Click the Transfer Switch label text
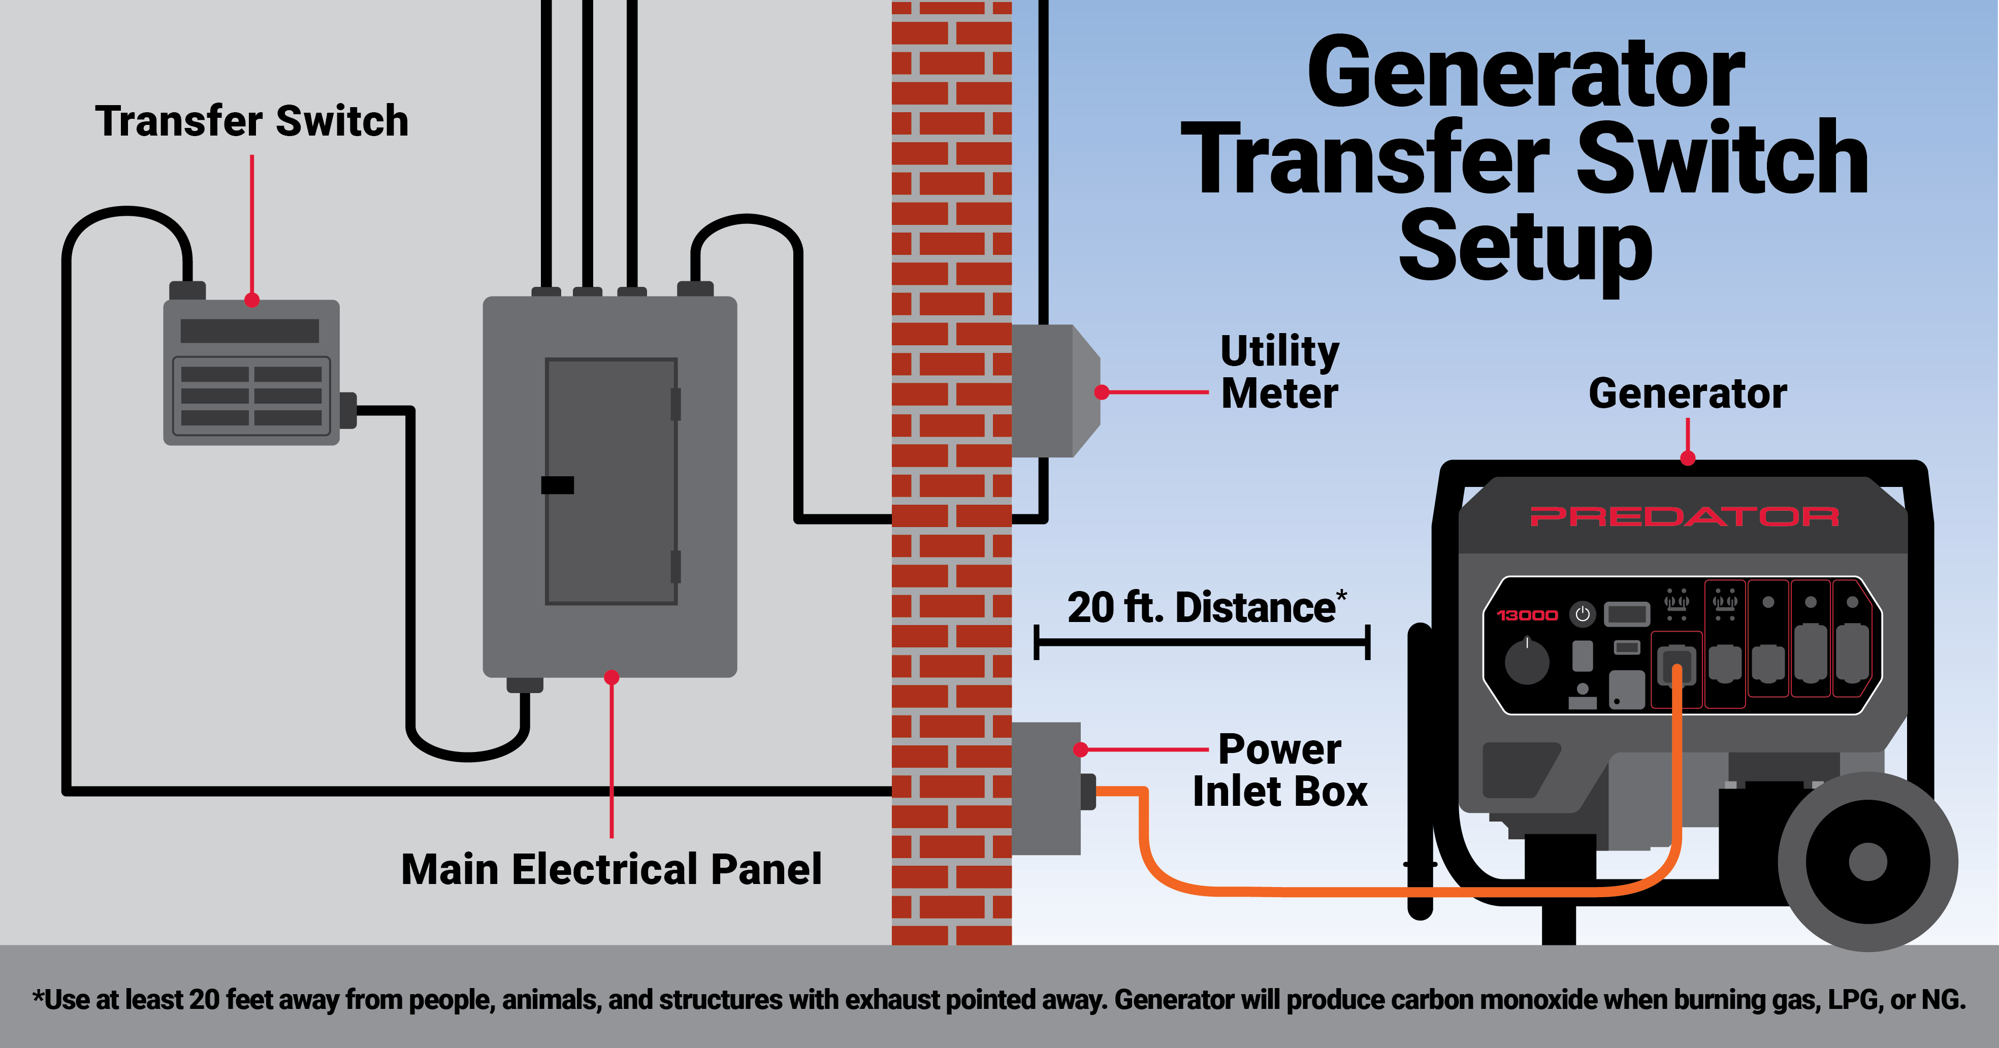tap(251, 122)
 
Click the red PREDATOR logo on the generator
tap(1684, 516)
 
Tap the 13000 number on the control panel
tap(1526, 615)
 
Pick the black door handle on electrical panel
tap(557, 485)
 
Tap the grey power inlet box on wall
tap(1046, 788)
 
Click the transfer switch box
tap(251, 372)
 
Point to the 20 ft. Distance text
tap(1204, 607)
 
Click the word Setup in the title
tap(1525, 248)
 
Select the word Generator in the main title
tap(1525, 74)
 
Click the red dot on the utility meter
tap(1101, 392)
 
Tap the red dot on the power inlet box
tap(1080, 749)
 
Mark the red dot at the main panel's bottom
tap(611, 677)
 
